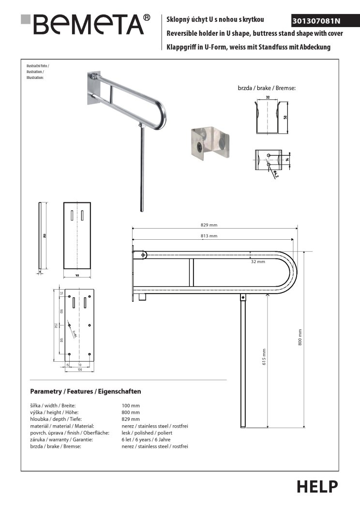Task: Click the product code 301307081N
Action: tap(317, 21)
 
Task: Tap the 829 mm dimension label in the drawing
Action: tap(209, 225)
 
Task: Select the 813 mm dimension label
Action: tap(209, 236)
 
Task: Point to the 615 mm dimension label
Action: tap(264, 357)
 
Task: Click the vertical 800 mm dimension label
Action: tap(300, 337)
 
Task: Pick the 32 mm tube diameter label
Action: tap(258, 262)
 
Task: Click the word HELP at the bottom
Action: tap(317, 486)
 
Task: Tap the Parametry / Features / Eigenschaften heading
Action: tap(86, 391)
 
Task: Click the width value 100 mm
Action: tap(131, 405)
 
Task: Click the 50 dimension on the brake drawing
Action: tap(286, 118)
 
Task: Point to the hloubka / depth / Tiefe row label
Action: tap(56, 419)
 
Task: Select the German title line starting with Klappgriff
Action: tap(248, 47)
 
